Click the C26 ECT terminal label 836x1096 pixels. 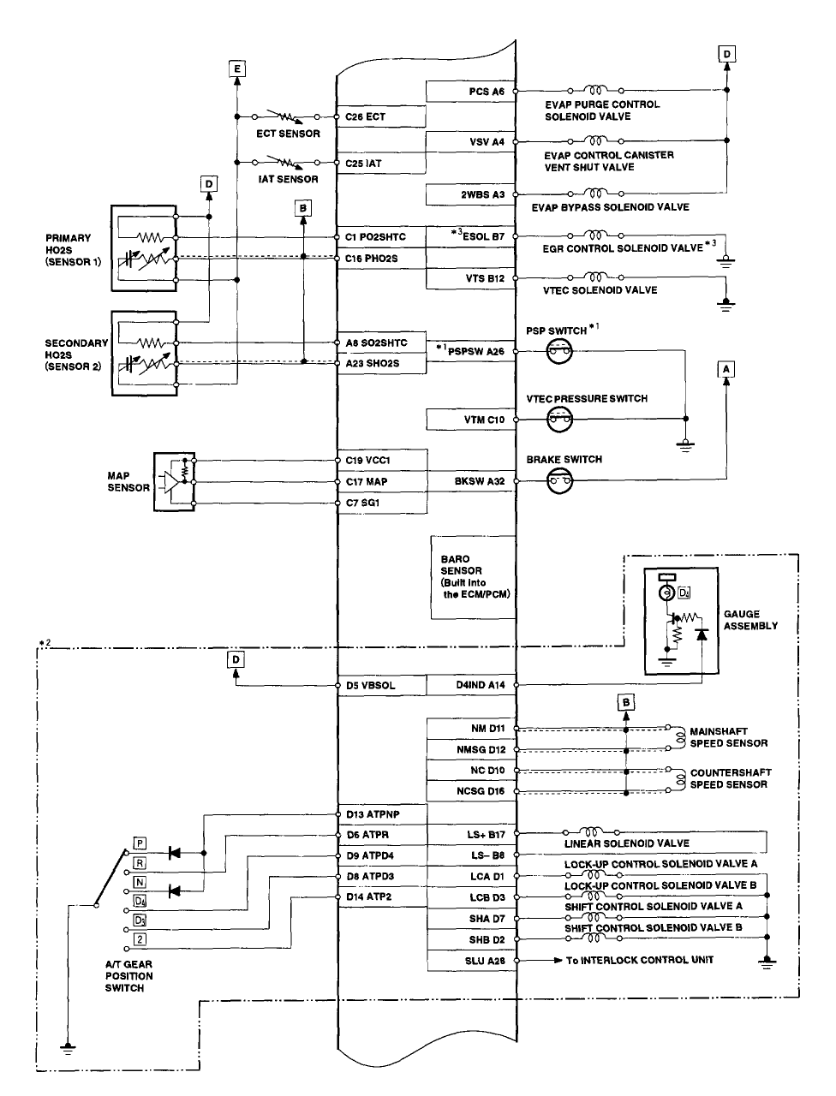(x=365, y=116)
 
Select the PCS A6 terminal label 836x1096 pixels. (x=487, y=92)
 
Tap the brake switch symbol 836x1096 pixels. (x=559, y=481)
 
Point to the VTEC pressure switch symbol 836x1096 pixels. (x=559, y=419)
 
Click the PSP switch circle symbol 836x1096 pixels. (x=559, y=352)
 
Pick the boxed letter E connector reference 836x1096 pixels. (x=236, y=68)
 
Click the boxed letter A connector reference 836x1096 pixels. (x=726, y=370)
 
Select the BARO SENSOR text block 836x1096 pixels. (x=475, y=577)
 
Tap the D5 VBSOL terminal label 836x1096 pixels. (x=370, y=686)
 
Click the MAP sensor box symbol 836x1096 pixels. (x=174, y=482)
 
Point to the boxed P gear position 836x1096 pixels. (x=140, y=843)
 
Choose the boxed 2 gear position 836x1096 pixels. (x=140, y=939)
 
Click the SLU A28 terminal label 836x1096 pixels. (x=485, y=961)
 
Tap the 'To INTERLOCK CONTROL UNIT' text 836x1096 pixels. (x=639, y=960)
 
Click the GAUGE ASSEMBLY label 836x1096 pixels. (x=750, y=620)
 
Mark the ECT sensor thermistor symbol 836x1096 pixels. (x=284, y=116)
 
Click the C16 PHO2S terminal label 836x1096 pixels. (x=371, y=259)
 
